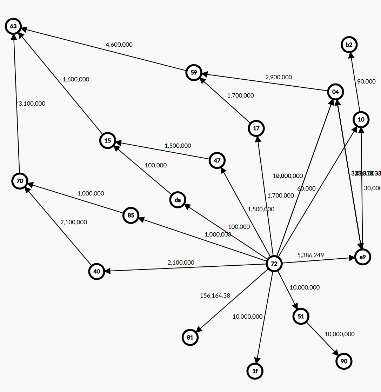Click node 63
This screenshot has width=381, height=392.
pos(13,26)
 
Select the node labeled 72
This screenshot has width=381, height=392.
pos(274,264)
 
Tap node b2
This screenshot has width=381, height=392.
pos(349,45)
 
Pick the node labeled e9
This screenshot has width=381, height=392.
pos(362,257)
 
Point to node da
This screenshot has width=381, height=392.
pos(178,200)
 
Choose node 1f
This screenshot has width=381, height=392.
pos(255,371)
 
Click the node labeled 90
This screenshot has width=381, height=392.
pos(344,361)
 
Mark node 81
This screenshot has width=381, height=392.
pos(190,338)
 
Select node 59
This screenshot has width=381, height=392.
pos(194,73)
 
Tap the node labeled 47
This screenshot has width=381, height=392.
pos(217,160)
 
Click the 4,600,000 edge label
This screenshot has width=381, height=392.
pos(119,45)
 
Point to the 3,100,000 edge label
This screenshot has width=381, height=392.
pos(32,104)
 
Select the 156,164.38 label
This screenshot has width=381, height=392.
pos(215,295)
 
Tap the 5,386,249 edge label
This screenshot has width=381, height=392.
pos(310,255)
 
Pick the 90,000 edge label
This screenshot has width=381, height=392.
pos(366,81)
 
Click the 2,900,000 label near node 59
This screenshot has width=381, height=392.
pos(279,77)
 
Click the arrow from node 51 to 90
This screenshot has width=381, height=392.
pos(322,339)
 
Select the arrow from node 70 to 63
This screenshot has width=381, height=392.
pos(16,102)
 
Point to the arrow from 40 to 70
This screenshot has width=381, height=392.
pos(58,226)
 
